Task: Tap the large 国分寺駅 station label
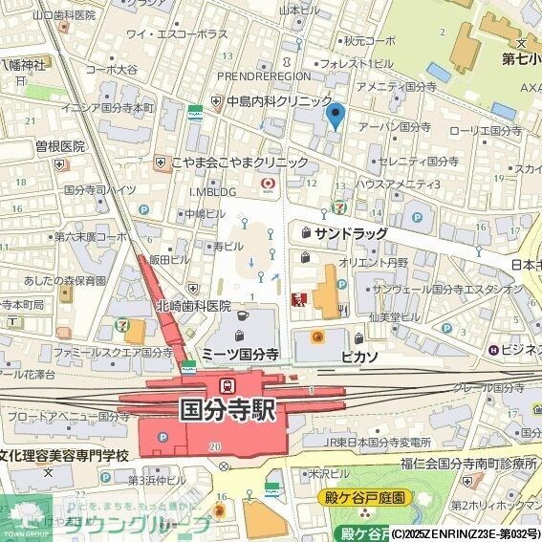(x=228, y=410)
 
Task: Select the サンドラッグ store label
(x=350, y=233)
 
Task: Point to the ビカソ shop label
(x=358, y=355)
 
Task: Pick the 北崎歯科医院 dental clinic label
(x=194, y=307)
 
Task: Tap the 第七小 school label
(x=522, y=58)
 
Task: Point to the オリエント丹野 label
(x=374, y=262)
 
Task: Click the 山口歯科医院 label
(x=64, y=15)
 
